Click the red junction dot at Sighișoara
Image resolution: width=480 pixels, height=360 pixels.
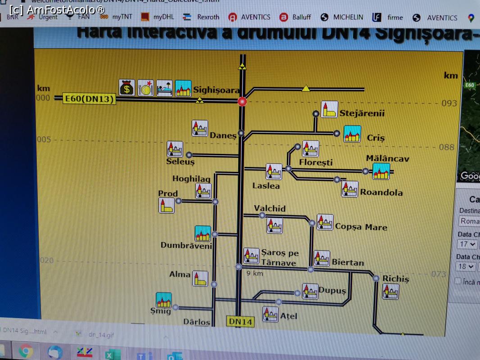click(x=242, y=101)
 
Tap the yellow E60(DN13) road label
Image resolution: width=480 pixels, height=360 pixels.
click(x=89, y=99)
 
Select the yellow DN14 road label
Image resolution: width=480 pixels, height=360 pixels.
click(x=240, y=321)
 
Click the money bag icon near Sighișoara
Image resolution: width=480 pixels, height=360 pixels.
click(x=127, y=88)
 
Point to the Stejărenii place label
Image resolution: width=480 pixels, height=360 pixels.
click(x=362, y=113)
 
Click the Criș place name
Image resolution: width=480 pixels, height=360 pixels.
click(x=376, y=138)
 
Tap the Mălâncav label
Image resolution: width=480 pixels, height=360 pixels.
click(x=387, y=158)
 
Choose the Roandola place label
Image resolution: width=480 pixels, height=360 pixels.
click(x=381, y=192)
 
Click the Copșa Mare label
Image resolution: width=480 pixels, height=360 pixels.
click(x=361, y=227)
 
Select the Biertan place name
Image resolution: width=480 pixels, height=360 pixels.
click(x=348, y=262)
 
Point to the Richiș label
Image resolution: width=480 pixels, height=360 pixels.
click(x=395, y=279)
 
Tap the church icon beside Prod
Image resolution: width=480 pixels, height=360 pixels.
click(x=167, y=205)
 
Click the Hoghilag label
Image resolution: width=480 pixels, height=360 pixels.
click(x=191, y=179)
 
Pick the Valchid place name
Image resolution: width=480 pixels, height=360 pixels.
click(x=269, y=208)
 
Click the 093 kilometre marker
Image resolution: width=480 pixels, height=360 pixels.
click(x=449, y=103)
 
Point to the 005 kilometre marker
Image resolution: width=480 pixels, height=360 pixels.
click(x=44, y=139)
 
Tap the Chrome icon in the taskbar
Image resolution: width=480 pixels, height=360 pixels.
click(x=25, y=351)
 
